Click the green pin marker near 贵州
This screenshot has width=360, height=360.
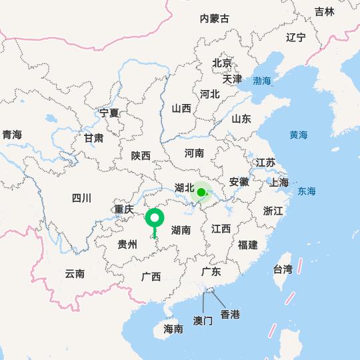coord(155,219)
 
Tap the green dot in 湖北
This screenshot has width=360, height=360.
coord(201,192)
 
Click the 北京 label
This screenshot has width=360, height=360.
coord(222,63)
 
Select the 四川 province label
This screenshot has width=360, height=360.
coord(81,197)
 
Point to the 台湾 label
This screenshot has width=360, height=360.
coord(283,269)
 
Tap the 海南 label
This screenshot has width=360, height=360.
coord(173,329)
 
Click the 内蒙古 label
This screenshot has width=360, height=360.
coord(215,19)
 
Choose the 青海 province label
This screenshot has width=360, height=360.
coord(12,135)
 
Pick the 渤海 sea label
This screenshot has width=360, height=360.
coord(262,81)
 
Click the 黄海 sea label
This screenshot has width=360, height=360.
coord(299,135)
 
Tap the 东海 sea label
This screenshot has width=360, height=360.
coord(307,191)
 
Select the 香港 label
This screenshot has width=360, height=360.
coord(230,314)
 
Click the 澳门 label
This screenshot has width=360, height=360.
coord(203,321)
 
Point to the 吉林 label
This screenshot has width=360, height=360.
coord(325,11)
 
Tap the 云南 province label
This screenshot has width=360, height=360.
coord(75,273)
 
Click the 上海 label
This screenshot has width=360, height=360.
coord(279,182)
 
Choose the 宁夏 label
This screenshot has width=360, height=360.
coord(109,113)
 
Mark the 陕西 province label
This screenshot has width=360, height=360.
coord(141,155)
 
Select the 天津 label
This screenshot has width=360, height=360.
coord(232,79)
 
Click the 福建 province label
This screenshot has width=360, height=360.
coord(248,245)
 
